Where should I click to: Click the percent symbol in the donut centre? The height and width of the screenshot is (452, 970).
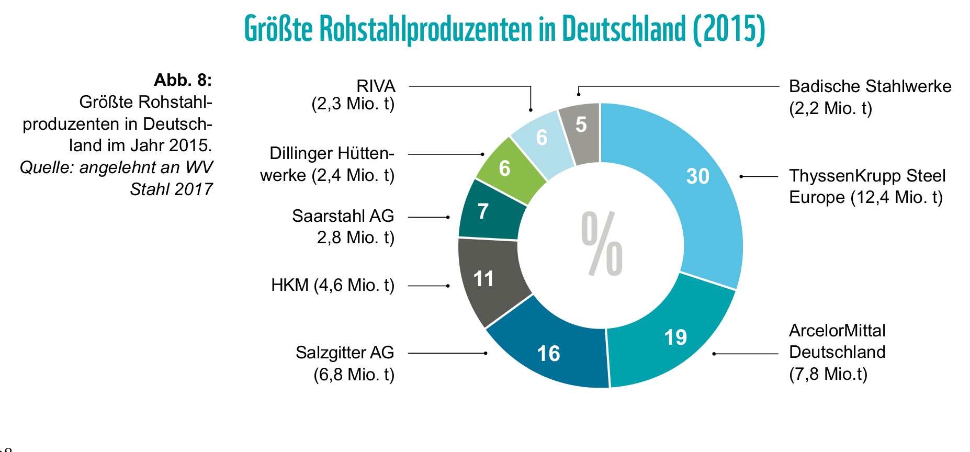point(602,244)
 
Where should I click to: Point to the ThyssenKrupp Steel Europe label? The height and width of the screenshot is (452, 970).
point(866,186)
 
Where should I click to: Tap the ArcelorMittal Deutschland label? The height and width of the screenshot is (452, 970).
point(837,352)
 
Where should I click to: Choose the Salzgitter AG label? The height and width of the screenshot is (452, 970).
point(345,364)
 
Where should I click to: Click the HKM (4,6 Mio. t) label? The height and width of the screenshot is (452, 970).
point(333,285)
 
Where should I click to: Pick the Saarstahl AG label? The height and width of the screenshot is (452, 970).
point(344,227)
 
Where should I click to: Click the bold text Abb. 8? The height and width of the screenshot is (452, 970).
point(183,80)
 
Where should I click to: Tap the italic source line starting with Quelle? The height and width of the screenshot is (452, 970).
point(117,178)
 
